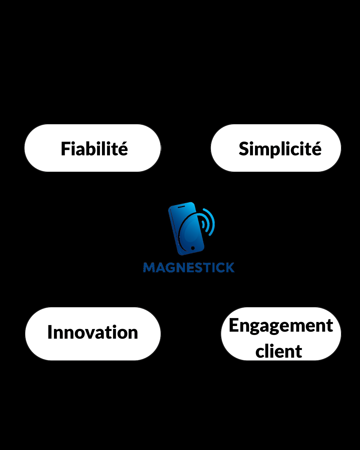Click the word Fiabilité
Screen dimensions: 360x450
[94, 148]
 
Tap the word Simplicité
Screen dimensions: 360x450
[280, 149]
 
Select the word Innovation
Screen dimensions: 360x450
[93, 332]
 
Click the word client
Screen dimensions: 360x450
[279, 351]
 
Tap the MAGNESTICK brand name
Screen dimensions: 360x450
[189, 268]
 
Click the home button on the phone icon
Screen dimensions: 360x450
[193, 248]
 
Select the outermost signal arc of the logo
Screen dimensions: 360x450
[209, 222]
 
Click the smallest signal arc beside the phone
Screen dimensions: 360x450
[203, 224]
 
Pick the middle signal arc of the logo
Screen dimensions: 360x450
[206, 223]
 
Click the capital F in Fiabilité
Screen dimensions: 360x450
[65, 149]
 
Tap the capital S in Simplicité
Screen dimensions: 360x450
[243, 149]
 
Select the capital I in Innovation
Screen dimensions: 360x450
[49, 332]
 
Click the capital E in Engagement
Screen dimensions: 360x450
[233, 325]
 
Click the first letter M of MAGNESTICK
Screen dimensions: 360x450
[149, 268]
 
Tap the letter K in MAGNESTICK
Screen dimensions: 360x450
[230, 268]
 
